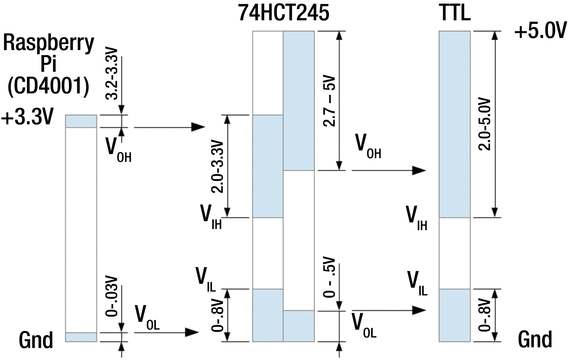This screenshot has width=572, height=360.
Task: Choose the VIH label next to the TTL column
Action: click(x=419, y=214)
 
